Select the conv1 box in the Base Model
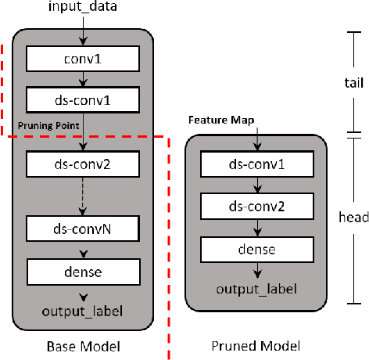click(83, 58)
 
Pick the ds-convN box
click(83, 229)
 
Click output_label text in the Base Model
click(83, 313)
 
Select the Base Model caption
click(83, 345)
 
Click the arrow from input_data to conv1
click(83, 32)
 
